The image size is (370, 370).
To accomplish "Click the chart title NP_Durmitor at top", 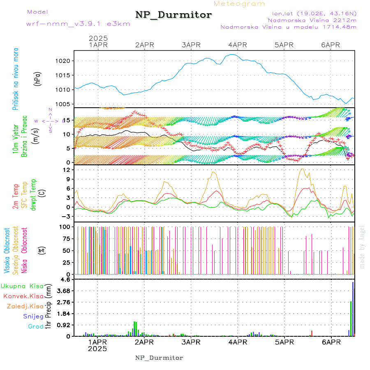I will pos(173,15).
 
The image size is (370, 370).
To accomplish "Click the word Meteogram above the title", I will pos(240,4).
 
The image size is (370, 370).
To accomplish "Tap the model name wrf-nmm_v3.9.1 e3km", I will pos(78,24).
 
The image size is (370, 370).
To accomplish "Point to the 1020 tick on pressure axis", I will pos(66,61).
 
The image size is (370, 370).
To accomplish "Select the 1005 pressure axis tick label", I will pos(66,104).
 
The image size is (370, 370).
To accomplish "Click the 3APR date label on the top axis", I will pos(190,45).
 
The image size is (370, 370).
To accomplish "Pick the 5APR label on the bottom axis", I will pos(284,342).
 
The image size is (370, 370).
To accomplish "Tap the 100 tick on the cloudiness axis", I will pos(66,227).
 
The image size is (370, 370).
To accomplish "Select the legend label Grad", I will pos(35,326).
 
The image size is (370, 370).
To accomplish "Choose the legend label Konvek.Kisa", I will pos(23,296).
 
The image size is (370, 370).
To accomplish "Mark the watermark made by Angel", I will pos(362,247).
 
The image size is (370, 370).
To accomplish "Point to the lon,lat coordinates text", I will pos(311,14).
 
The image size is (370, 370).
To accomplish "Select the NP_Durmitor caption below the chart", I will pos(159,358).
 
